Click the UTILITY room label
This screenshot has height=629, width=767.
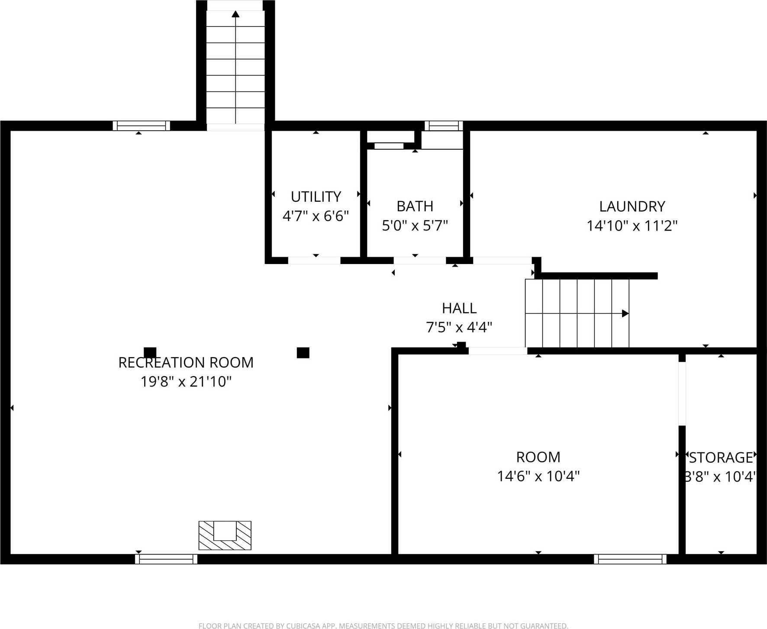(316, 197)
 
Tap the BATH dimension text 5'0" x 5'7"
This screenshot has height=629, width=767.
(415, 226)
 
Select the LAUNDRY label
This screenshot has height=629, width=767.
(632, 206)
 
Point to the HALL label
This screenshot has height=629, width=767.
(459, 308)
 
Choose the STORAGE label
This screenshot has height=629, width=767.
(721, 458)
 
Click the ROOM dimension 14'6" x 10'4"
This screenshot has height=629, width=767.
(538, 476)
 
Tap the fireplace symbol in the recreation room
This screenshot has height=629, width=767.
(225, 535)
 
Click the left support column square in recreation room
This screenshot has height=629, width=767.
(150, 353)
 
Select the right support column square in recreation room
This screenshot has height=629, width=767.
(303, 353)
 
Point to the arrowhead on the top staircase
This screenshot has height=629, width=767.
(235, 14)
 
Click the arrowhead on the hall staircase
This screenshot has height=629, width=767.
(625, 313)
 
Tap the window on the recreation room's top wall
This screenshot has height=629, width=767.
(142, 126)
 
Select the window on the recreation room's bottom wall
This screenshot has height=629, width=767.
(166, 559)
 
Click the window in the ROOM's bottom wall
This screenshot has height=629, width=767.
(630, 559)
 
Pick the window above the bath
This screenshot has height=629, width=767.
(444, 126)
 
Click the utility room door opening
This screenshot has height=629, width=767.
(314, 261)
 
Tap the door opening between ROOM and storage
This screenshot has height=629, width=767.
(682, 393)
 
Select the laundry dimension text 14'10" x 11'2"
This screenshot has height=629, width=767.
(632, 226)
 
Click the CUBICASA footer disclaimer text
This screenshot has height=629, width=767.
(383, 626)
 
